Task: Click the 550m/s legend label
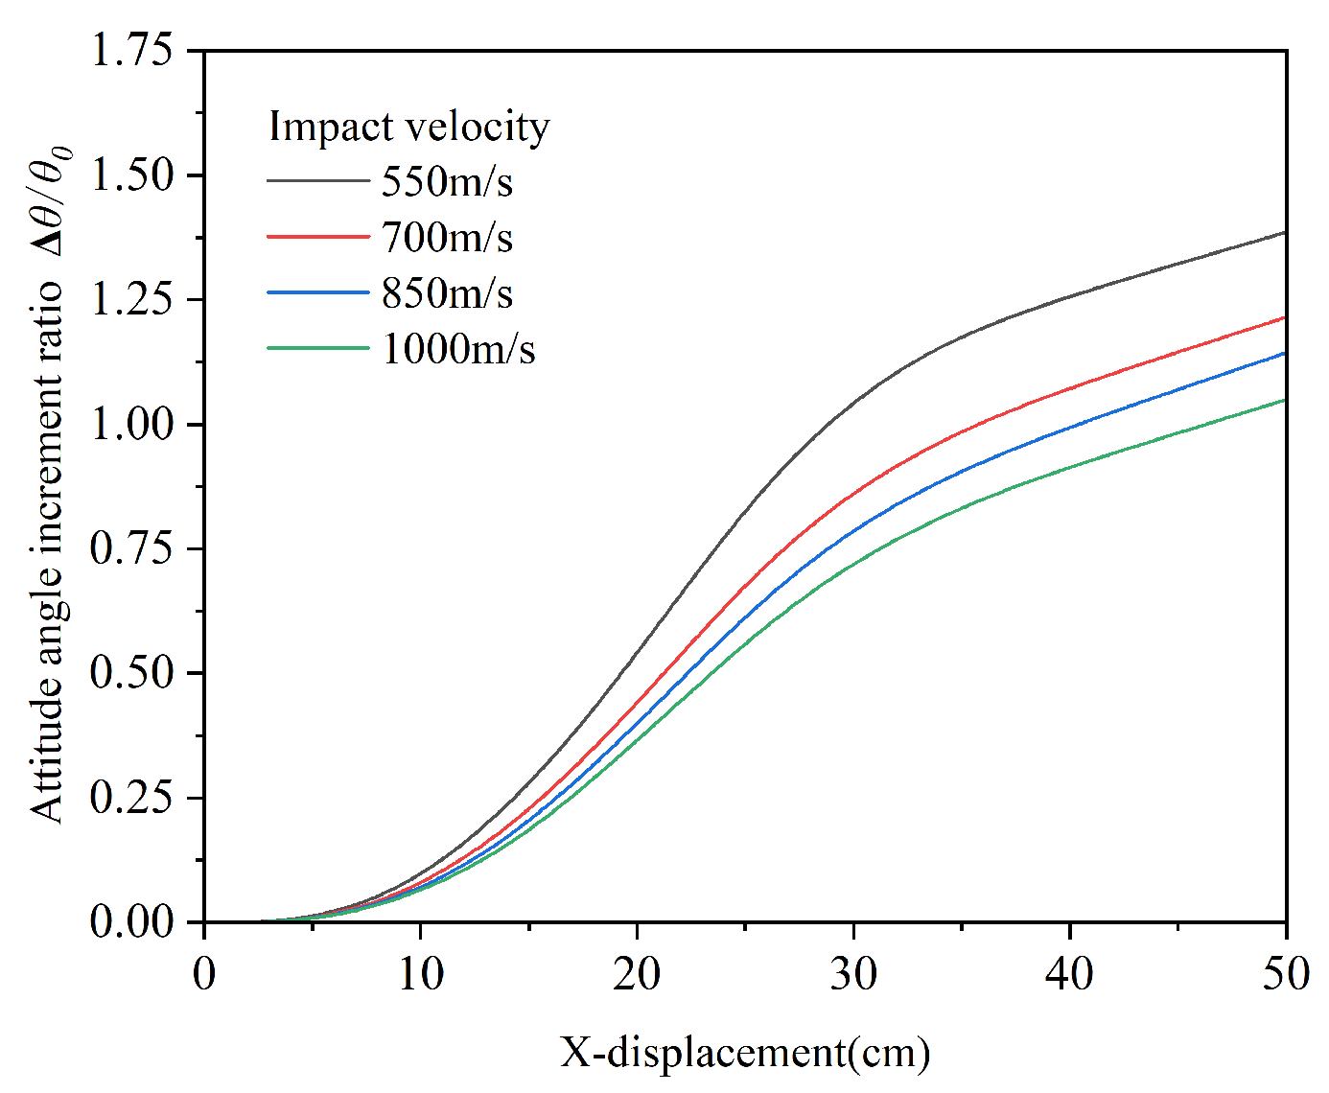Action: pos(447,181)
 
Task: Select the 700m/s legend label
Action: pos(447,237)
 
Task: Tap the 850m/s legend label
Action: pos(447,292)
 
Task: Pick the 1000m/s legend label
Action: pos(458,348)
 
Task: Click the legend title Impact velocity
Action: pos(408,127)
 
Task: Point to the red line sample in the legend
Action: pos(317,237)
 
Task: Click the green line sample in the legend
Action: pos(317,348)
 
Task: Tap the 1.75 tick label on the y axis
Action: pos(132,50)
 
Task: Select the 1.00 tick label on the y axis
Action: pos(132,424)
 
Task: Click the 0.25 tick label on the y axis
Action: pos(132,797)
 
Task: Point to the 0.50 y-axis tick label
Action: pos(132,672)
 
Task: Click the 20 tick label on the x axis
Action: pos(637,975)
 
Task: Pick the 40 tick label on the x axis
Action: pos(1069,975)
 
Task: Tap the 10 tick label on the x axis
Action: pos(420,975)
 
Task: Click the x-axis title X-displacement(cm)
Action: pos(745,1053)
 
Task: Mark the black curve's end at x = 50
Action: pos(1284,233)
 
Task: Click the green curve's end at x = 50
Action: pos(1284,400)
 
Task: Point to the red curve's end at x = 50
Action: pos(1284,317)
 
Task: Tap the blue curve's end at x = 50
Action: pos(1284,353)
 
